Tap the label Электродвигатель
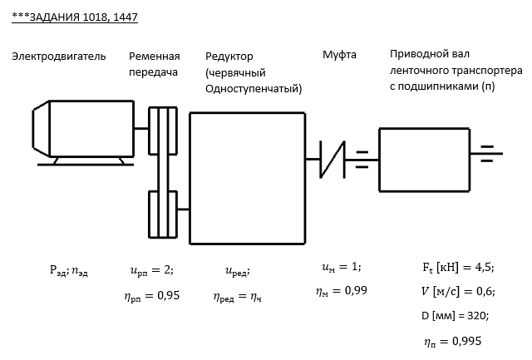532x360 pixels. (59, 57)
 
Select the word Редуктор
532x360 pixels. (229, 57)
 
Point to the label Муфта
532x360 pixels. (339, 56)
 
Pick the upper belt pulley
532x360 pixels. (163, 130)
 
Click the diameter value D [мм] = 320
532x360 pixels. (454, 316)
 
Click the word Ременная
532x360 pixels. (154, 57)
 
